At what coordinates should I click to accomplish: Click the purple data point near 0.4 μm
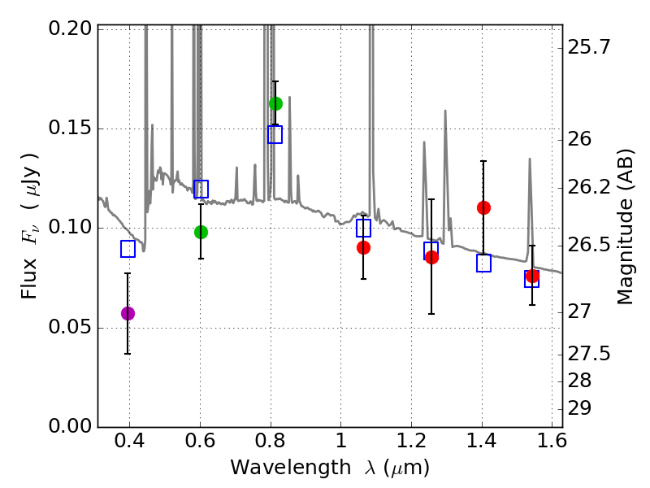click(x=128, y=313)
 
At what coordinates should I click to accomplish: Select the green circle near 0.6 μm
click(x=201, y=232)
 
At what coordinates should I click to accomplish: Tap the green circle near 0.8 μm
click(x=275, y=103)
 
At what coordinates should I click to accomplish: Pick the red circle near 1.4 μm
click(x=483, y=207)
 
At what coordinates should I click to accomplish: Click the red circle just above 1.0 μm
click(x=363, y=248)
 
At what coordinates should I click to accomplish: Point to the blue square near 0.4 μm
click(x=128, y=249)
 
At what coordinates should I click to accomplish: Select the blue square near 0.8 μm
click(x=275, y=134)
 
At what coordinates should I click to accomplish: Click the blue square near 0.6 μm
click(x=201, y=190)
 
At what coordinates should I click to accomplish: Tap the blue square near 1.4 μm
click(x=483, y=263)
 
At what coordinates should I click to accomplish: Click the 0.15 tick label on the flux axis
click(x=70, y=128)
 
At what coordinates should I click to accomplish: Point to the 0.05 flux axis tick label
click(x=70, y=327)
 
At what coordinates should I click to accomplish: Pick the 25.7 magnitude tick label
click(x=589, y=47)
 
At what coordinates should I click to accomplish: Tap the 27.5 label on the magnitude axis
click(x=589, y=354)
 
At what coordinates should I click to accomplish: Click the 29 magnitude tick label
click(x=579, y=409)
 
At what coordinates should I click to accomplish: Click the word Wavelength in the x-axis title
click(x=291, y=468)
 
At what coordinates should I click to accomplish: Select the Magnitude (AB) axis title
click(x=625, y=227)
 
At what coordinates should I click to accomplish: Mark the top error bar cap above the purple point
click(x=128, y=273)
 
